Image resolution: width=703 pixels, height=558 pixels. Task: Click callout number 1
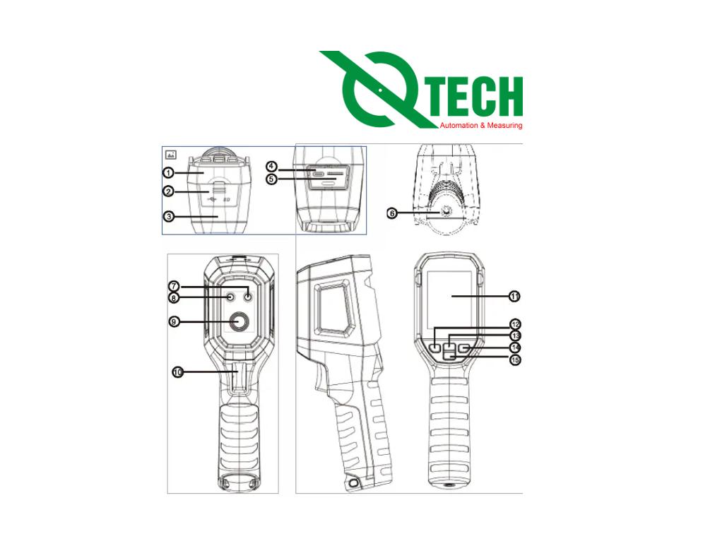[168, 172]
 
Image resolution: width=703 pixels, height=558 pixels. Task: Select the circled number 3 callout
[168, 216]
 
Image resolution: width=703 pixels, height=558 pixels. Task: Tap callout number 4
[271, 167]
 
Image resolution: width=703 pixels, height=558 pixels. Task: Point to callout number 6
[392, 213]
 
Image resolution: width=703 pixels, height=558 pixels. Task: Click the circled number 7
[174, 286]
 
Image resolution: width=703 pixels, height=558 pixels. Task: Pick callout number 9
[174, 321]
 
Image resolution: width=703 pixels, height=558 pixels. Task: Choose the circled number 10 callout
[178, 372]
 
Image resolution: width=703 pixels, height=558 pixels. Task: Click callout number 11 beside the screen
[514, 296]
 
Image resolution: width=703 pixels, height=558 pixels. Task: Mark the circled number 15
[516, 360]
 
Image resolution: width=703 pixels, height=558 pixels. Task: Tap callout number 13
[516, 336]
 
